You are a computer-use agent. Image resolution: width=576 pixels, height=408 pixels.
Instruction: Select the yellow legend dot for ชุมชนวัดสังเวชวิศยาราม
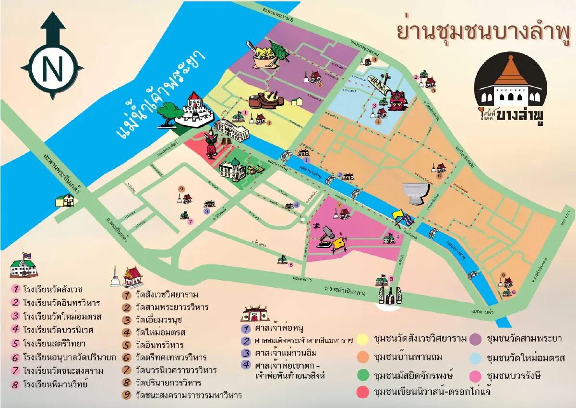(364, 338)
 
